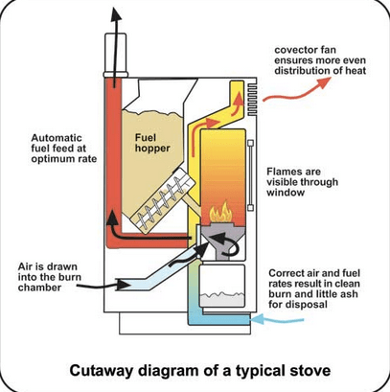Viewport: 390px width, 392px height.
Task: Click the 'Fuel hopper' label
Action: tap(152, 143)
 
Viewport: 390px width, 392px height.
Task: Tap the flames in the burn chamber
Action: tap(220, 212)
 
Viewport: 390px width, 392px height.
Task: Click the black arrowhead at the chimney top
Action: tap(116, 14)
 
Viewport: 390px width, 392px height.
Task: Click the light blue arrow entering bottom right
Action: tap(277, 319)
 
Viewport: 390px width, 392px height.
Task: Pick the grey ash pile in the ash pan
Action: tap(222, 299)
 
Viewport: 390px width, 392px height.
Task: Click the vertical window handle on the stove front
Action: tap(251, 174)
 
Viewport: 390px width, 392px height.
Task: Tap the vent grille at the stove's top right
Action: tap(251, 99)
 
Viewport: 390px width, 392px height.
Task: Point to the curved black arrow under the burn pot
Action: tap(225, 243)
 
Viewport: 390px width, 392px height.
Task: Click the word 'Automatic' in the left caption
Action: tap(57, 138)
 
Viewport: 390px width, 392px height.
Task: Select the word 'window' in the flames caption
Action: tap(286, 193)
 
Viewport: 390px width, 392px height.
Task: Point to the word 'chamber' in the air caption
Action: tap(39, 288)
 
